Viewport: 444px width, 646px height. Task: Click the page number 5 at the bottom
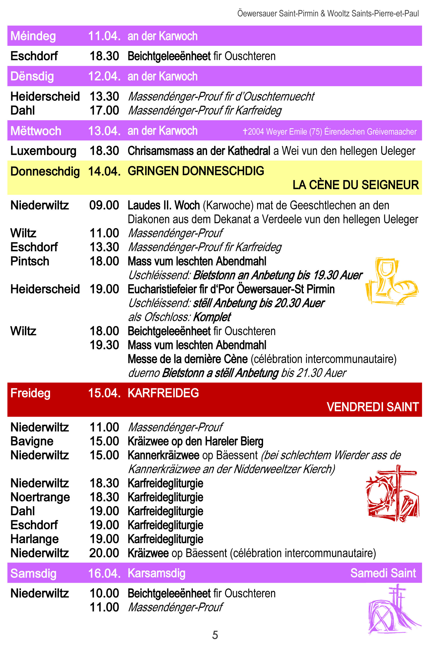tap(215, 635)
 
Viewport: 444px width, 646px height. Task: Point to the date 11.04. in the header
tap(104, 36)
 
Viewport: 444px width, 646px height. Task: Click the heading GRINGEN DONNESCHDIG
tap(196, 171)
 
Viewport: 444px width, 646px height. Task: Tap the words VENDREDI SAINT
tap(373, 407)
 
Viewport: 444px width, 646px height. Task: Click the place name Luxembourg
tap(43, 151)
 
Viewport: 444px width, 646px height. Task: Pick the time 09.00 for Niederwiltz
tap(104, 205)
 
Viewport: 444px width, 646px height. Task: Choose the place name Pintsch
tap(30, 261)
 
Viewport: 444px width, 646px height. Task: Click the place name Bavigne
tap(32, 442)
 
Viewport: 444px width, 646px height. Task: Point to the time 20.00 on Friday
tap(104, 553)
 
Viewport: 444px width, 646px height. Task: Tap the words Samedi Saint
tap(383, 573)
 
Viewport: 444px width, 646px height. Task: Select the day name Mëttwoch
tap(36, 131)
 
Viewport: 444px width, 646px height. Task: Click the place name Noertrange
tap(40, 497)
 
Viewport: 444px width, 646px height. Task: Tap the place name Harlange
tap(35, 539)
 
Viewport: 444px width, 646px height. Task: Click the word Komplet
tap(212, 317)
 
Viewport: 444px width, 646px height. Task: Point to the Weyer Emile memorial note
tap(329, 131)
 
